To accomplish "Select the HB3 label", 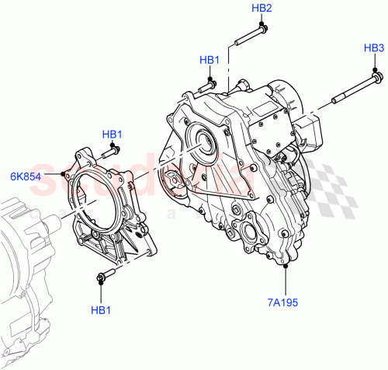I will (x=374, y=48).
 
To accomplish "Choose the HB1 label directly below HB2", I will (x=210, y=60).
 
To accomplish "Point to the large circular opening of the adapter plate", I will (x=101, y=199).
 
